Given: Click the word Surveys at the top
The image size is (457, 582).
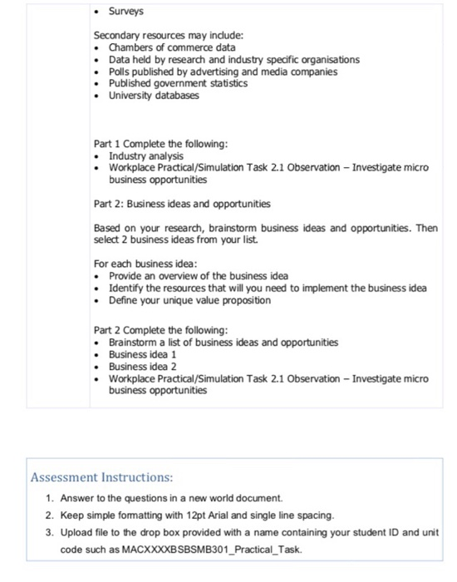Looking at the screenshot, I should pyautogui.click(x=125, y=12).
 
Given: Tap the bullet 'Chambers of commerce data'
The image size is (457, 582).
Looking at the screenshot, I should pyautogui.click(x=172, y=48).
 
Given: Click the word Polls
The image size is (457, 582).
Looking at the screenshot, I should pyautogui.click(x=121, y=72).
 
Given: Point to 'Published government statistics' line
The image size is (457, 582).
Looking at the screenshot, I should pyautogui.click(x=178, y=83).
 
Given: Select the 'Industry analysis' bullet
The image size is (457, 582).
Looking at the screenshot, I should pyautogui.click(x=146, y=156).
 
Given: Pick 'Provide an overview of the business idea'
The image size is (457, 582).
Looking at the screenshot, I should pyautogui.click(x=199, y=276).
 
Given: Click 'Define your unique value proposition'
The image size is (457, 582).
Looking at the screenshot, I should pyautogui.click(x=189, y=299).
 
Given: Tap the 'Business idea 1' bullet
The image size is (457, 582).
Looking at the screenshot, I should pyautogui.click(x=142, y=354).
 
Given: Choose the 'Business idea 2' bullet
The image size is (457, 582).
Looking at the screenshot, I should pyautogui.click(x=142, y=366).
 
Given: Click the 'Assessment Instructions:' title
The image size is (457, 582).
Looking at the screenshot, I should pyautogui.click(x=101, y=478).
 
